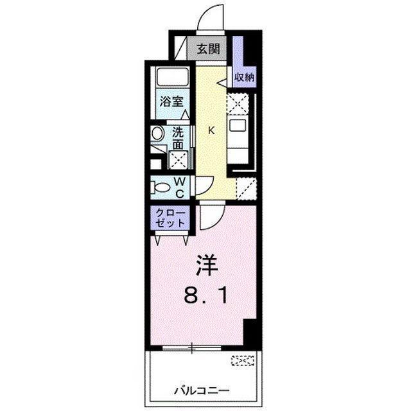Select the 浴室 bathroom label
pyautogui.click(x=171, y=101)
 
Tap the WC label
pyautogui.click(x=180, y=188)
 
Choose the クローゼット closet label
pyautogui.click(x=171, y=217)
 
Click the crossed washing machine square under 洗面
pyautogui.click(x=178, y=160)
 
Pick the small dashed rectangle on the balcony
pyautogui.click(x=243, y=362)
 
